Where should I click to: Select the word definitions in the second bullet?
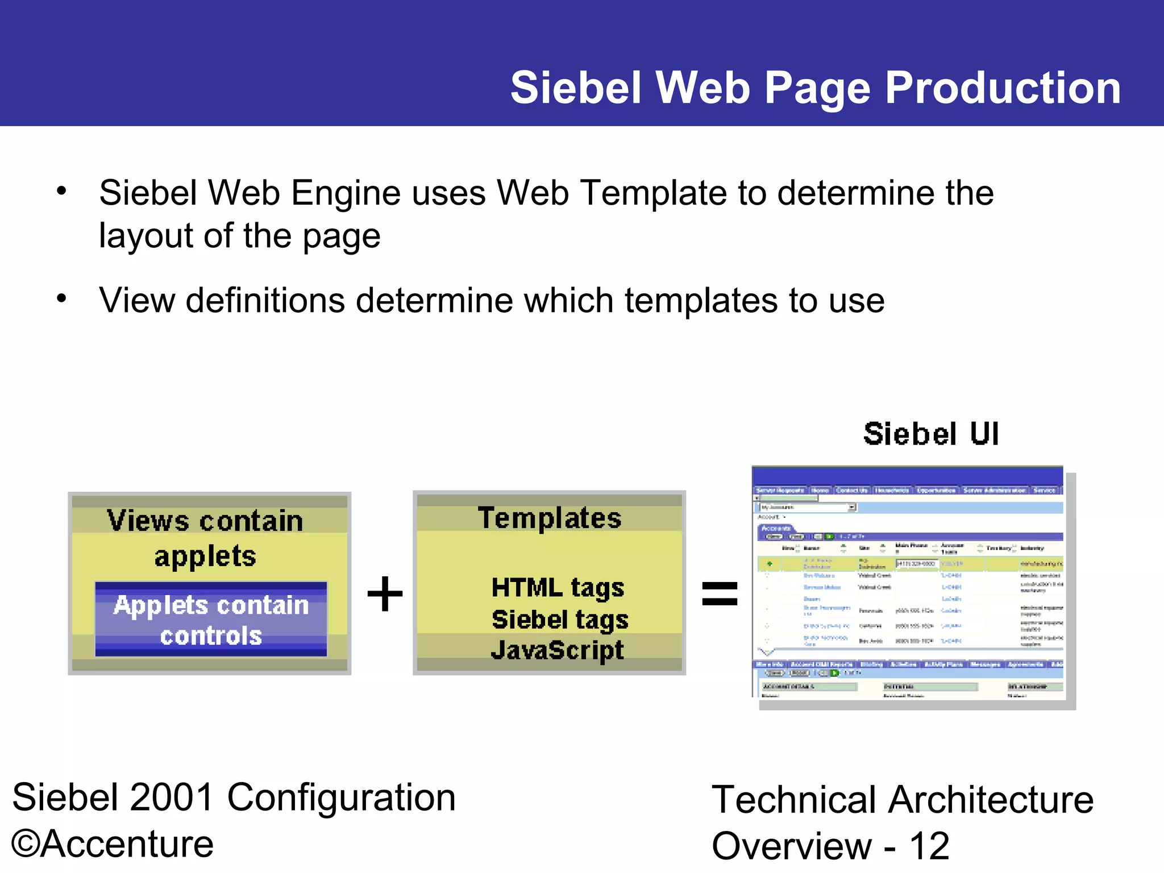tap(265, 300)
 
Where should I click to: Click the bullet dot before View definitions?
tap(61, 298)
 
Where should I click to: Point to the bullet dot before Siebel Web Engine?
tap(61, 190)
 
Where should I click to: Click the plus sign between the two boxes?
tap(385, 594)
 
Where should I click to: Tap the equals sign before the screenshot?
tap(720, 594)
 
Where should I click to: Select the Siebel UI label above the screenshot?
tap(931, 434)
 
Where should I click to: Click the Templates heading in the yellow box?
tap(549, 518)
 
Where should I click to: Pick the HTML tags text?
tap(558, 588)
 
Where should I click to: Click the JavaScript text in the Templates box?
tap(557, 650)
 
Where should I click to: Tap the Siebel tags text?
tap(560, 620)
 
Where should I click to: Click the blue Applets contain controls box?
tap(211, 620)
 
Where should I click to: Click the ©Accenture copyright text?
tap(113, 844)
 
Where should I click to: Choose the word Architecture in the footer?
tap(991, 800)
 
